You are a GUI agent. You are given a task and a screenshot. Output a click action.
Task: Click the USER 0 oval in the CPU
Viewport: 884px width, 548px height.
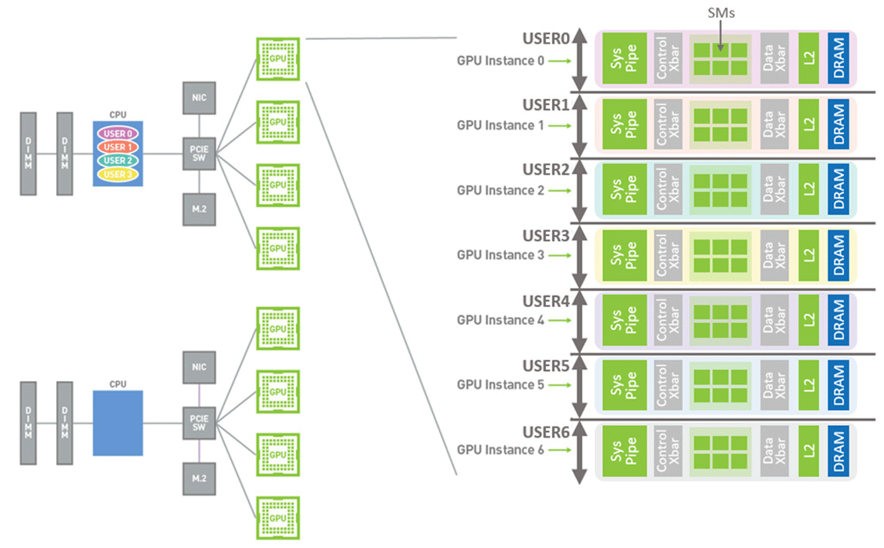[x=118, y=133]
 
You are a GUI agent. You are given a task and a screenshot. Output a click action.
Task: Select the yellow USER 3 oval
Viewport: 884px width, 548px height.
[x=118, y=174]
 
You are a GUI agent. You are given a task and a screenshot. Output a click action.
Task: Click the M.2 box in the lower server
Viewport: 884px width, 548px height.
[x=199, y=478]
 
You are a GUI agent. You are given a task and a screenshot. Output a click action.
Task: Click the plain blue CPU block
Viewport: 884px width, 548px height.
[x=118, y=423]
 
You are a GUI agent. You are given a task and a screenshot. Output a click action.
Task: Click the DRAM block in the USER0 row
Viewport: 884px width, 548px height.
[x=838, y=59]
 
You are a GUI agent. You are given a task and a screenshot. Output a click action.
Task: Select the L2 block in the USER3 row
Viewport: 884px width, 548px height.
[x=809, y=255]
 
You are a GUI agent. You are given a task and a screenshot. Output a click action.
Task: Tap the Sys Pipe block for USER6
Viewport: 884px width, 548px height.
[x=624, y=451]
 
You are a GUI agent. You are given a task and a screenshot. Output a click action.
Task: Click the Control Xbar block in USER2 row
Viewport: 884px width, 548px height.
[x=668, y=190]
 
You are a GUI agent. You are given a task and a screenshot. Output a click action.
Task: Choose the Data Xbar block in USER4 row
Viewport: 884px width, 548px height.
[x=774, y=320]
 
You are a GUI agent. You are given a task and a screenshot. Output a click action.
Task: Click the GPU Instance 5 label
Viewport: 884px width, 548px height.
[x=500, y=385]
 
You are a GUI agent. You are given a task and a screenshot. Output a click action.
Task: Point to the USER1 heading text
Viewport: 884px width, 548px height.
[x=546, y=106]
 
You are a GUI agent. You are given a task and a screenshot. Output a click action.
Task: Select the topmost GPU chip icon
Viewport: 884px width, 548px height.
[x=278, y=59]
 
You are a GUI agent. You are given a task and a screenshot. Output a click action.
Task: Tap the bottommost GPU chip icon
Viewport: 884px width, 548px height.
[x=278, y=518]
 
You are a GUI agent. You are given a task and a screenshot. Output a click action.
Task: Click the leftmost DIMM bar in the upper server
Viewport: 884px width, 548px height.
[x=28, y=153]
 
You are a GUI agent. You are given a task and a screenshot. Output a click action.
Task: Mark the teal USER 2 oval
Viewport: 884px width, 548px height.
[x=118, y=160]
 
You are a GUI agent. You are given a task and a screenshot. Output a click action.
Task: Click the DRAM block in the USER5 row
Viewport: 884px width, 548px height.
[x=838, y=385]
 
